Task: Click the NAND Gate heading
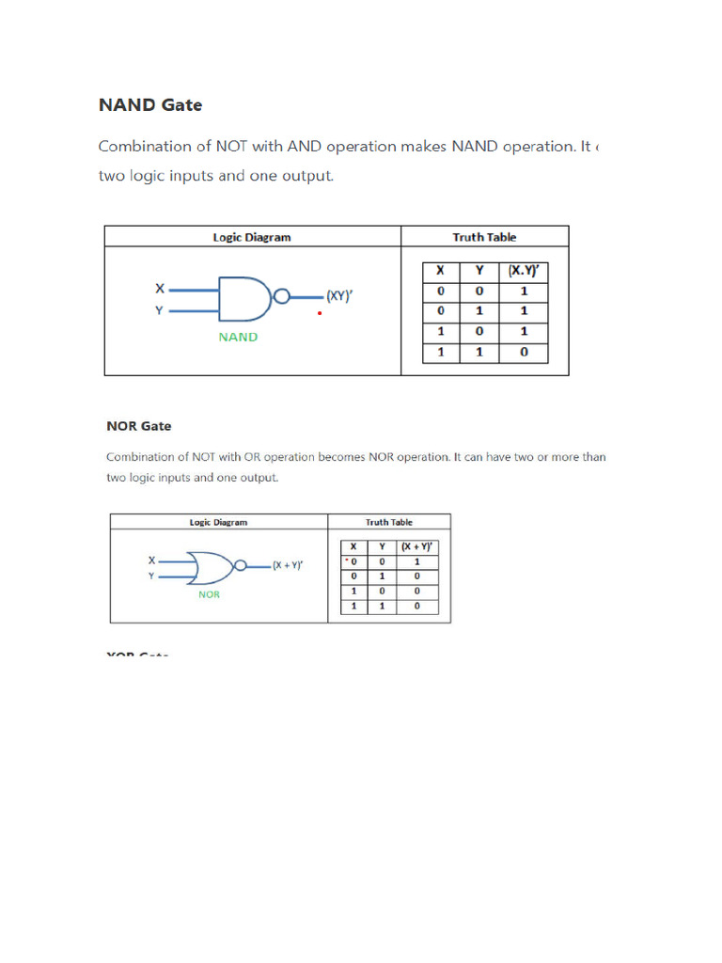pos(150,104)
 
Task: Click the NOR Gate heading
pos(139,426)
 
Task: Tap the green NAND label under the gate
pos(238,337)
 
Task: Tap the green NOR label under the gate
pos(209,594)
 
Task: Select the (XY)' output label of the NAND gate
pos(339,295)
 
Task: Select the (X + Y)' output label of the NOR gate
pos(288,566)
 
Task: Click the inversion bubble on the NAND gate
pos(280,296)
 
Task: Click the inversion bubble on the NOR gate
pos(241,566)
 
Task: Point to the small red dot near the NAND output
pos(320,313)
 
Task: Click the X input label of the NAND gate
pos(159,290)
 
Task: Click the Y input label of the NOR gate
pos(151,576)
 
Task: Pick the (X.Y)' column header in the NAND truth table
pos(524,271)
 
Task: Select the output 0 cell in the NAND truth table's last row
pos(524,353)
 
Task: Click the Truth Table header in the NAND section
pos(484,237)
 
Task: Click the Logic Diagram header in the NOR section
pos(218,522)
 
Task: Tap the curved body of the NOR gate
pos(209,567)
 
